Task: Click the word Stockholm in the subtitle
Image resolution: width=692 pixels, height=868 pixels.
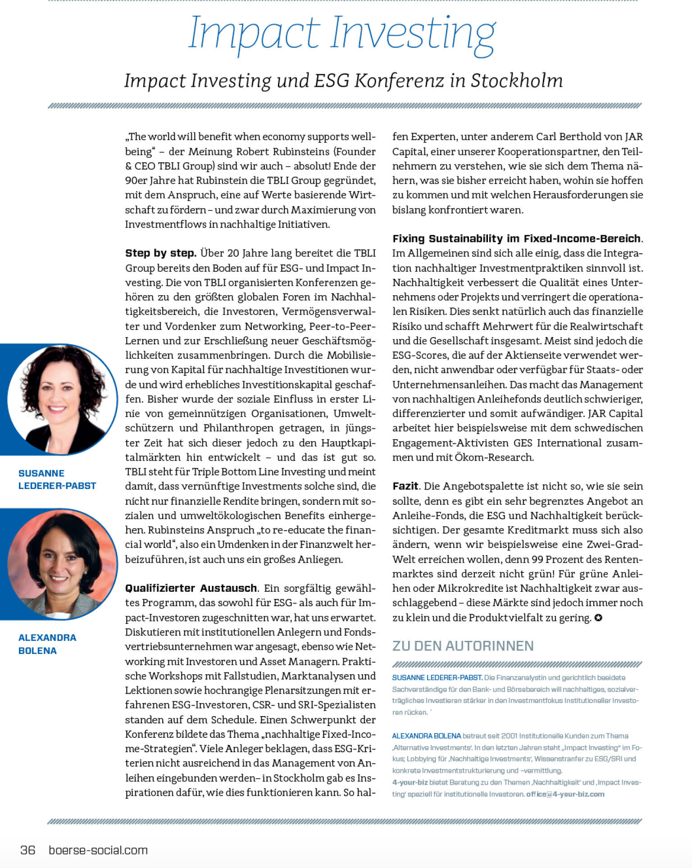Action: point(517,81)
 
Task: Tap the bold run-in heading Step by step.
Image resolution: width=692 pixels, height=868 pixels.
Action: point(160,253)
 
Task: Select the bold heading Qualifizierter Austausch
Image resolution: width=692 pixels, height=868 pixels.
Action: point(191,588)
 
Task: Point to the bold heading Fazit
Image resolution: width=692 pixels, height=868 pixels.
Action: point(405,486)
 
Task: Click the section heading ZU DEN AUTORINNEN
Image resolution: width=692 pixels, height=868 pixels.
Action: point(463,646)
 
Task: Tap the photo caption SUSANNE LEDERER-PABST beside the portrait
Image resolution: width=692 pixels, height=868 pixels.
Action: point(57,480)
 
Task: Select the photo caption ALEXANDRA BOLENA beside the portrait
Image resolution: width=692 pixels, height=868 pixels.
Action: point(47,644)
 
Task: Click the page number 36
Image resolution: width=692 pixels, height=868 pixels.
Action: point(28,850)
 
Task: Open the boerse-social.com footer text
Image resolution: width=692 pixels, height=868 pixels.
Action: point(98,850)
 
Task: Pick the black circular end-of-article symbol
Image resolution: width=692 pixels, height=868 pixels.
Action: point(598,618)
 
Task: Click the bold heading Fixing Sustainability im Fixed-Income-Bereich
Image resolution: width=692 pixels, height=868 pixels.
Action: point(516,238)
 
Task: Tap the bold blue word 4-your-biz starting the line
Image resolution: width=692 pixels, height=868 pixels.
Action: point(410,782)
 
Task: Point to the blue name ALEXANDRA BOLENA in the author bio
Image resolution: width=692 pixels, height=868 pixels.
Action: point(426,736)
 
